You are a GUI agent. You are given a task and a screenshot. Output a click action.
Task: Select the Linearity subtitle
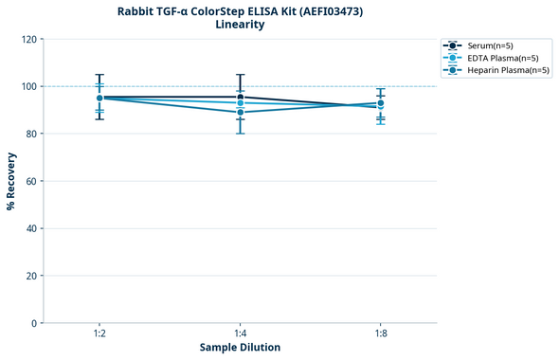240,25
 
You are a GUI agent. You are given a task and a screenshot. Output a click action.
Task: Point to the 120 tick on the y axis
29,39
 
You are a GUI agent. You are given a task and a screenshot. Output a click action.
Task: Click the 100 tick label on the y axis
29,86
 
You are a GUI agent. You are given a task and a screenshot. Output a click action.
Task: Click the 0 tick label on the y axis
35,323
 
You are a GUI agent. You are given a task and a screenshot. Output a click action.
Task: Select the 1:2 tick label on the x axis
99,333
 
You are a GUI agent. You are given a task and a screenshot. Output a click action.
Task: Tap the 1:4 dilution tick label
240,333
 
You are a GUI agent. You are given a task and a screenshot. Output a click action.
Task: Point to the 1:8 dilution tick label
381,333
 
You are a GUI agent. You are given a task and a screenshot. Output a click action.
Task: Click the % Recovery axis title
11,181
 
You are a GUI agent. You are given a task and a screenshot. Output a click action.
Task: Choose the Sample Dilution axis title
240,348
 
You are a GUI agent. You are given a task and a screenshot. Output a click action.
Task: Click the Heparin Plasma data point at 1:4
240,113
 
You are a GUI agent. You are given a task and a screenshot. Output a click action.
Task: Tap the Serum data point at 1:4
240,97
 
